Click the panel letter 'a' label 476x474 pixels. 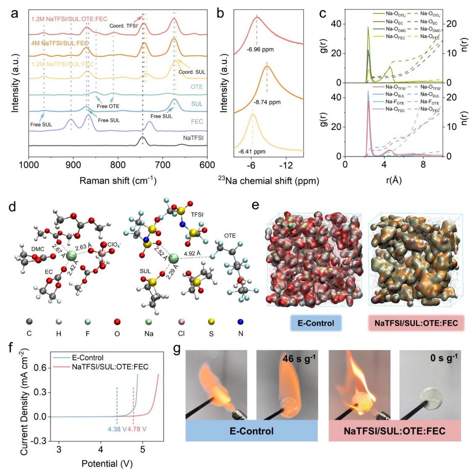point(15,13)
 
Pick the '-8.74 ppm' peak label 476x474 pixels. point(267,102)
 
